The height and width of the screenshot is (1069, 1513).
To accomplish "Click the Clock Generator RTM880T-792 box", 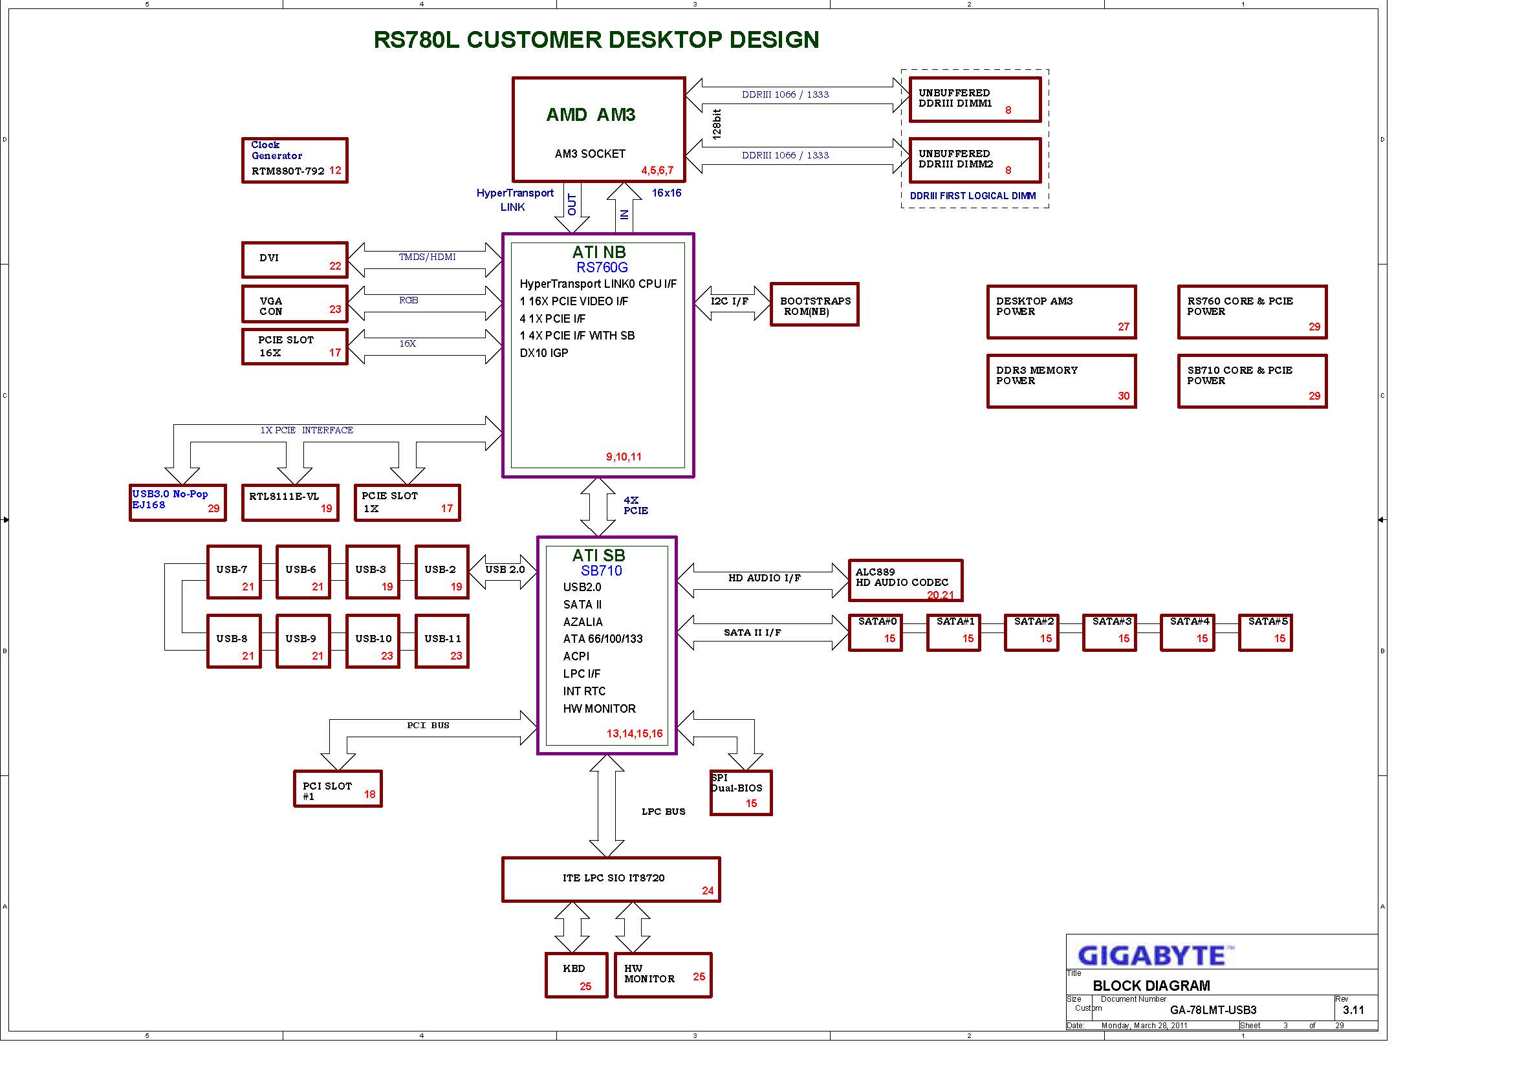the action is pyautogui.click(x=294, y=160).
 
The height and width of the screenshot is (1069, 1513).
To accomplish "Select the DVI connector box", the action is pyautogui.click(x=294, y=259).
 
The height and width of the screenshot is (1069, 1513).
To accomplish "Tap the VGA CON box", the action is pyautogui.click(x=294, y=304).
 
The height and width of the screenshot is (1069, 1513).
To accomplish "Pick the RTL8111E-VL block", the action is pyautogui.click(x=290, y=502).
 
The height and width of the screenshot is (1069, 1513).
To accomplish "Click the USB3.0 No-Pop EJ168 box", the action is pyautogui.click(x=178, y=502).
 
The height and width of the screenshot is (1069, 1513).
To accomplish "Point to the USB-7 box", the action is pyautogui.click(x=234, y=572).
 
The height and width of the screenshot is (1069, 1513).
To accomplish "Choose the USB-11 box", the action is pyautogui.click(x=442, y=641).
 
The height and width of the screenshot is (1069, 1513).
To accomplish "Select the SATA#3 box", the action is pyautogui.click(x=1110, y=632).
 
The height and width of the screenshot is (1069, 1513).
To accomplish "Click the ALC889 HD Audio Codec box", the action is pyautogui.click(x=906, y=580).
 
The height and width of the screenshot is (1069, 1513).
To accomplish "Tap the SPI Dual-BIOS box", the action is pyautogui.click(x=741, y=792).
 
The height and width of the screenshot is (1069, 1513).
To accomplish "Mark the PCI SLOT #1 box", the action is pyautogui.click(x=338, y=788).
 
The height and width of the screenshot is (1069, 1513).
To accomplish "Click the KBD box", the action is pyautogui.click(x=576, y=975).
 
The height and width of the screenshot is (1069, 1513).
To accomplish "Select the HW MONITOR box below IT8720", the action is pyautogui.click(x=663, y=975).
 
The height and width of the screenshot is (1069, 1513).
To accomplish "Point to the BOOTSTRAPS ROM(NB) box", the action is pyautogui.click(x=814, y=305).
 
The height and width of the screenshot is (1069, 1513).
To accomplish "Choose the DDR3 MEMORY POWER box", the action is pyautogui.click(x=1061, y=382).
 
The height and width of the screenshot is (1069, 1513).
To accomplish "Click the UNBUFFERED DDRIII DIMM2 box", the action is pyautogui.click(x=975, y=160).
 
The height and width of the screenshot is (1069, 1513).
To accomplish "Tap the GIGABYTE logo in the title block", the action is pyautogui.click(x=1155, y=955).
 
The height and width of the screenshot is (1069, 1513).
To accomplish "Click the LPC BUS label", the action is pyautogui.click(x=664, y=812).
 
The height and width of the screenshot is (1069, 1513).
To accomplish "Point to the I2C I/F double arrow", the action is pyautogui.click(x=732, y=303).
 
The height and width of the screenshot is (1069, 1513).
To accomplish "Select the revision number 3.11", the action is pyautogui.click(x=1353, y=1010).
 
